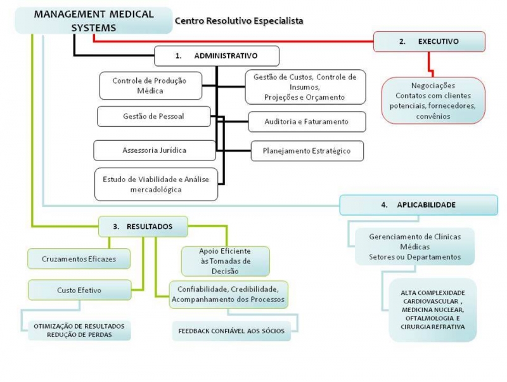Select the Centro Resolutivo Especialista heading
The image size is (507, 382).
(x=239, y=20)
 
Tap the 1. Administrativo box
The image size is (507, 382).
(x=216, y=55)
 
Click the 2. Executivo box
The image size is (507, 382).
(x=429, y=41)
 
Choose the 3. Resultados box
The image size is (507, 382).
(x=144, y=226)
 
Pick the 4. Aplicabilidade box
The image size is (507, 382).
(x=418, y=205)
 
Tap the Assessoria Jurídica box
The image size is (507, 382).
(x=154, y=150)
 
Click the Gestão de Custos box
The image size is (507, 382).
(x=305, y=87)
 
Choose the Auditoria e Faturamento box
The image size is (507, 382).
(x=298, y=121)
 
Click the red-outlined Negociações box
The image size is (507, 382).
(x=433, y=101)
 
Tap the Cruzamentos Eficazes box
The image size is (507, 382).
(x=79, y=258)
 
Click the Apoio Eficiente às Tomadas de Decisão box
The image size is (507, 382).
(x=226, y=261)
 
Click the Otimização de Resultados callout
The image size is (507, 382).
(x=79, y=330)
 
